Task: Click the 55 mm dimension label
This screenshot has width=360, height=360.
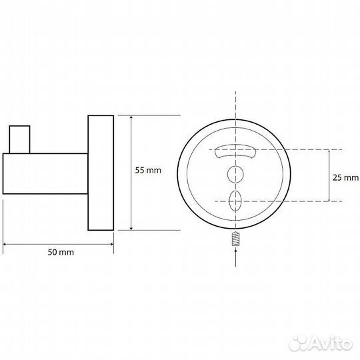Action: point(148,171)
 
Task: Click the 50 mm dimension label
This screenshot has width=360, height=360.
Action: point(61,252)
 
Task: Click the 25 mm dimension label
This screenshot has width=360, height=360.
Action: point(345,177)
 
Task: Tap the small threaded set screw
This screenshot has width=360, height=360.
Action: point(235,239)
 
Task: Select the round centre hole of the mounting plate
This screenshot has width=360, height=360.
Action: point(235,175)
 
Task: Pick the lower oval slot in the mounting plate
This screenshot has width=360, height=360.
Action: point(235,201)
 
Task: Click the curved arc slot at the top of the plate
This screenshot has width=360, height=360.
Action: point(235,151)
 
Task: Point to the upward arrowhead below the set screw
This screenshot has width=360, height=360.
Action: point(235,251)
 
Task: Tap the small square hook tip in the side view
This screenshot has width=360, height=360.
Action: point(20,139)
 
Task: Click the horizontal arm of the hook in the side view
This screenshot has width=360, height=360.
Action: point(45,173)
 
